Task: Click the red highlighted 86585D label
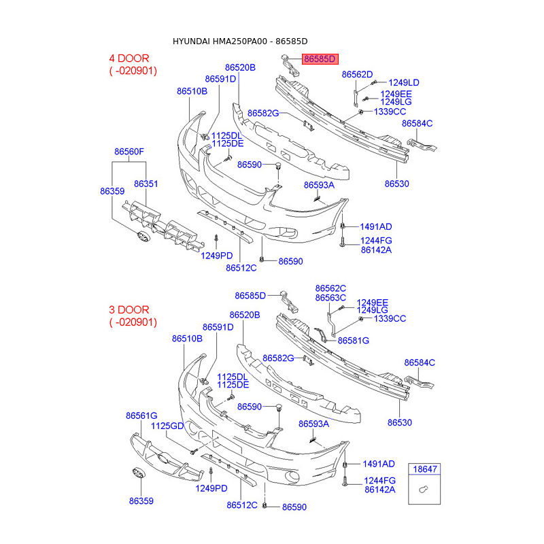click(x=320, y=60)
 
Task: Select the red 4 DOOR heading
click(x=129, y=58)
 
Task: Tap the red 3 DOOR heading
click(x=129, y=309)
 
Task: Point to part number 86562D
click(x=357, y=74)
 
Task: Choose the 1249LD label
click(x=403, y=82)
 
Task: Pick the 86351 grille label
click(x=146, y=184)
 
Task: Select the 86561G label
click(x=141, y=415)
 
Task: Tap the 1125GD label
click(x=167, y=426)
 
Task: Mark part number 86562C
click(x=330, y=288)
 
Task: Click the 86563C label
click(x=330, y=298)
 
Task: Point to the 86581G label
click(x=353, y=340)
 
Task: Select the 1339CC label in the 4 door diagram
click(x=390, y=111)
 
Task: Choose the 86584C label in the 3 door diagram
click(x=420, y=362)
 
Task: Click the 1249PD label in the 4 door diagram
click(x=216, y=256)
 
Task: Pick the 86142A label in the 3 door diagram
click(x=379, y=489)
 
